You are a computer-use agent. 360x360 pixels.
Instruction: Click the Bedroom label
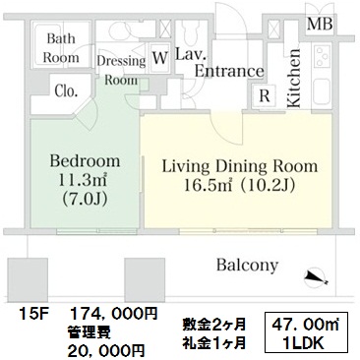coord(85,161)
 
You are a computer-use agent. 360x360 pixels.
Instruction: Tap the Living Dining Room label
coord(240,166)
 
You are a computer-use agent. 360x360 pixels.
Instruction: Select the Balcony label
coord(247,265)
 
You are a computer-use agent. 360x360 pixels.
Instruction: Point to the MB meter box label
coord(320,24)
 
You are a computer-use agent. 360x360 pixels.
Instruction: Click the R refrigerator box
coord(265,96)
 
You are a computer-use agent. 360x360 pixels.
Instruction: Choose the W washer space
coord(160,58)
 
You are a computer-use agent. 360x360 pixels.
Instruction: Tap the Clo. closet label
coord(66,91)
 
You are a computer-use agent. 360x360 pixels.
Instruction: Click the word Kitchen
coord(293,79)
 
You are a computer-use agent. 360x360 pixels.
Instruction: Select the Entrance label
coord(229,71)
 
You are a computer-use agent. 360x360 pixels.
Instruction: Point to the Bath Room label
coord(61,48)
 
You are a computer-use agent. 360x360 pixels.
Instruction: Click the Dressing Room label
coord(121,71)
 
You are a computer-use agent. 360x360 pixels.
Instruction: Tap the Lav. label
coord(191,54)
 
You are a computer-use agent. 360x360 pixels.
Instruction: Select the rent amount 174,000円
coord(114,314)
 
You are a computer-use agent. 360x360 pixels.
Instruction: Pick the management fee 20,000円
coord(105,351)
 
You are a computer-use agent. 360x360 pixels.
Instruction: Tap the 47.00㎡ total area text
coord(306,326)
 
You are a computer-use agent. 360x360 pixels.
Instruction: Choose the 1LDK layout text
coord(305,343)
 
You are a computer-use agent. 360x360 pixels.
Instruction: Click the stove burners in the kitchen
coord(322,56)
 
